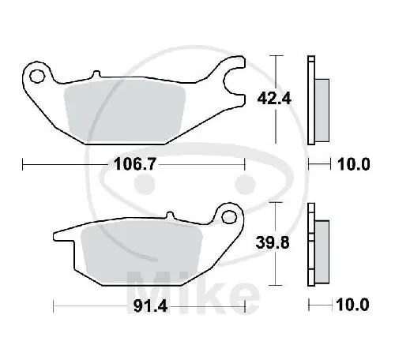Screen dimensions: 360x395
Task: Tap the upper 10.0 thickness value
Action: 353,165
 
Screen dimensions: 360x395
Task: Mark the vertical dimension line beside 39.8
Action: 275,243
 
